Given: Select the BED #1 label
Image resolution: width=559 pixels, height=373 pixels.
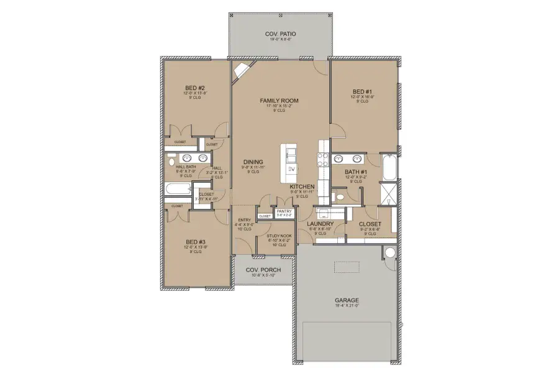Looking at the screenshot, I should coord(362,91).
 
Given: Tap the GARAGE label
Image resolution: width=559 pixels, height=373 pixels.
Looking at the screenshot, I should coord(347,300).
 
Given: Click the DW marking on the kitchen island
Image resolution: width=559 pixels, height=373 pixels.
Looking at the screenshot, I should coord(291,169).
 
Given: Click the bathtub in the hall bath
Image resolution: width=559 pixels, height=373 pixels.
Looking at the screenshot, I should coord(178,191).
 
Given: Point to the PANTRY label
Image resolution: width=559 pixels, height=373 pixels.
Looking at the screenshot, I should coord(284,211).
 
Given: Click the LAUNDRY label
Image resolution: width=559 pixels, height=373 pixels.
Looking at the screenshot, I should coord(320,224).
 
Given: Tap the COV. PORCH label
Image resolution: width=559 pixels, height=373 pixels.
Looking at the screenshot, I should coord(263,269).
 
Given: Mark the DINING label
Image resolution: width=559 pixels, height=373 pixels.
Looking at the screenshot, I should coord(245,162).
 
